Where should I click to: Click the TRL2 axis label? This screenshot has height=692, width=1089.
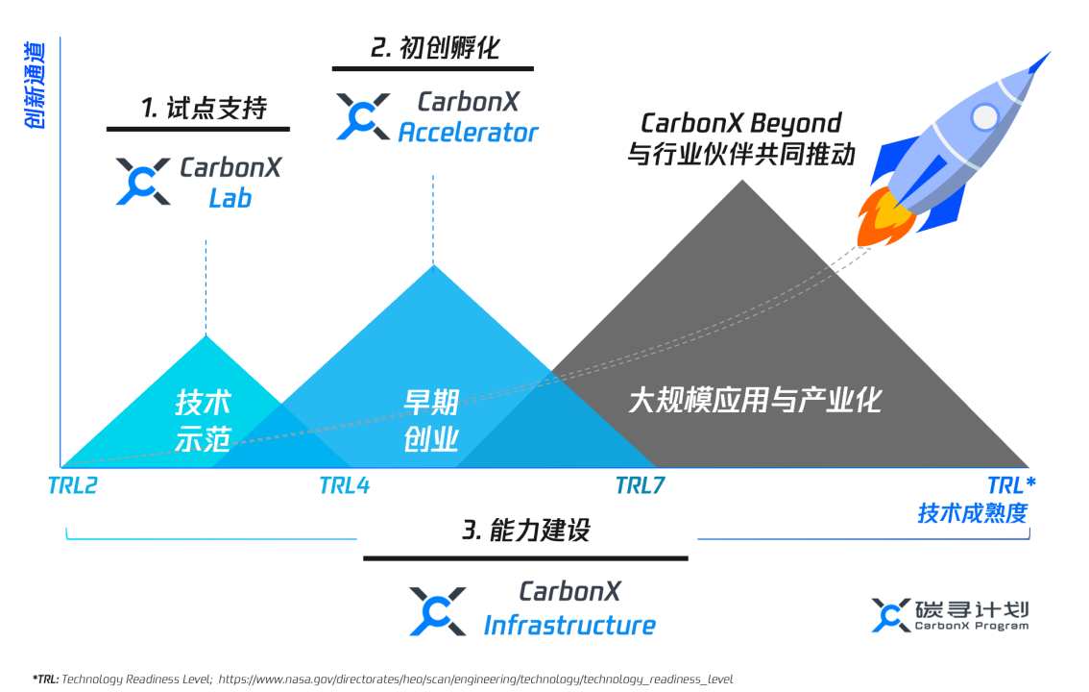(72, 485)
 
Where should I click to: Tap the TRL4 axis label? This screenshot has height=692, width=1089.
(344, 485)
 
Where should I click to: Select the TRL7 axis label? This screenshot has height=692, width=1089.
(640, 485)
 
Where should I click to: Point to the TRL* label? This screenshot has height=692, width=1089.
(1011, 484)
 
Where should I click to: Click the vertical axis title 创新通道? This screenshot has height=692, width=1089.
(37, 86)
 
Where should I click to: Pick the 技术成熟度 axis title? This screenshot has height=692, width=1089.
(972, 513)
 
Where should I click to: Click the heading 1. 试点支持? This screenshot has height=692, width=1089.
(203, 109)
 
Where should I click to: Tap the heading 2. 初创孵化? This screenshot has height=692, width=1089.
(435, 48)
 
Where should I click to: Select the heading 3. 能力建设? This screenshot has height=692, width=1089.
(525, 530)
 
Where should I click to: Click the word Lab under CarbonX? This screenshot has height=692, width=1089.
(230, 198)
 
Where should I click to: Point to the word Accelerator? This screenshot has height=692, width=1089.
(468, 133)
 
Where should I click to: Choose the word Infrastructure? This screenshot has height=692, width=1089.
(569, 626)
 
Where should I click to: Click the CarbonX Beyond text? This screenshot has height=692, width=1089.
(740, 123)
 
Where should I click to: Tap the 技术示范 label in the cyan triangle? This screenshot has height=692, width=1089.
(203, 421)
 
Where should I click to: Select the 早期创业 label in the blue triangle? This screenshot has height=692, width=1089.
(431, 421)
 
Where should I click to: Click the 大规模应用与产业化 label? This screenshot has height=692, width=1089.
(755, 400)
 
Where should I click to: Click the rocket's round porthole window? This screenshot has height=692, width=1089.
(984, 117)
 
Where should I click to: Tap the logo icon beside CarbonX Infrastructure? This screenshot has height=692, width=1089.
(438, 611)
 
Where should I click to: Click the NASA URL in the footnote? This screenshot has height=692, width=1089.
(475, 679)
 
